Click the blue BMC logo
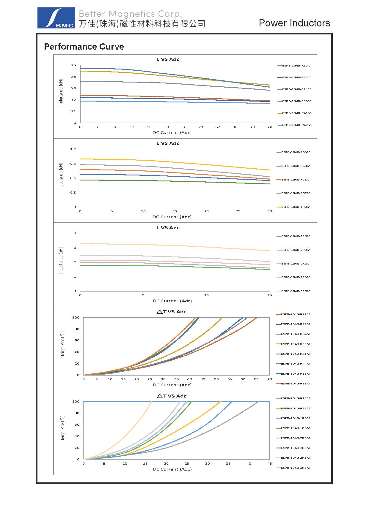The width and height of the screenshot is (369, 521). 56,18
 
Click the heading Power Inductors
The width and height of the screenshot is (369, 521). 294,23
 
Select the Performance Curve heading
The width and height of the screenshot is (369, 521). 84,47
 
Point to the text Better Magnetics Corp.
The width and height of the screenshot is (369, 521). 130,14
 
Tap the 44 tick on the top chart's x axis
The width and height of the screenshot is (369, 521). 269,127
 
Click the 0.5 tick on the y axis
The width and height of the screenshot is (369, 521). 73,65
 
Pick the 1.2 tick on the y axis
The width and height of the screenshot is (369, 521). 73,149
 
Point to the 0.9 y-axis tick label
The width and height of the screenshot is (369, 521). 73,164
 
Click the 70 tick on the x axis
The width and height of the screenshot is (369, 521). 269,379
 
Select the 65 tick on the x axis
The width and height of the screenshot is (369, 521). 256,379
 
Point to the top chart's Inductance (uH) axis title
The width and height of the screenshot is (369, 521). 61,92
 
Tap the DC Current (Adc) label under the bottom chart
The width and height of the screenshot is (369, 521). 172,469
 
